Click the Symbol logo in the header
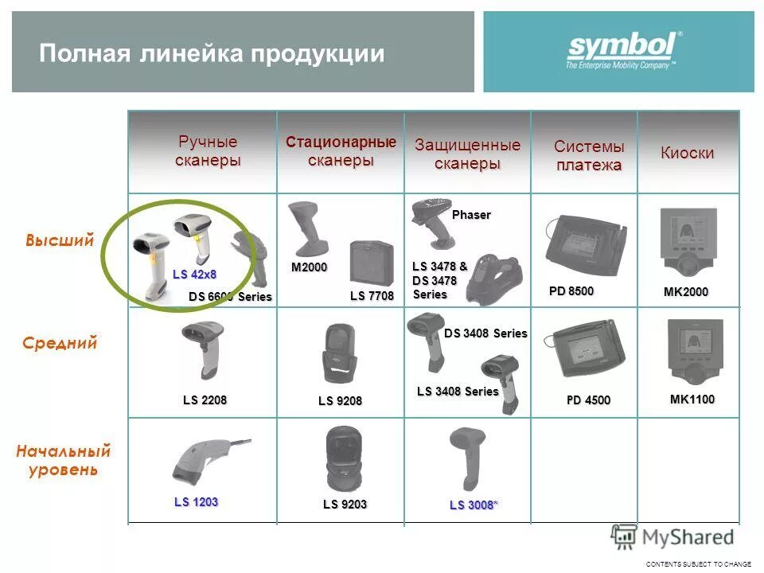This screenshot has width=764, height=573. click(x=624, y=50)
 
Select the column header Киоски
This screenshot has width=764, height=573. click(x=687, y=154)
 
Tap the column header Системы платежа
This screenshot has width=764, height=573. click(x=589, y=156)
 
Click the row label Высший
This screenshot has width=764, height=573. click(x=60, y=240)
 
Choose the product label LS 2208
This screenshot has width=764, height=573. click(x=205, y=400)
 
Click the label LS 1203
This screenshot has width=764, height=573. click(x=196, y=502)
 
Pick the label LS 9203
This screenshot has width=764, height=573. click(x=345, y=504)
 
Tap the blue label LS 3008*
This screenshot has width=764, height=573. click(x=474, y=505)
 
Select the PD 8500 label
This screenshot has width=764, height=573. click(x=571, y=291)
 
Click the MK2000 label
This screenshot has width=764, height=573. click(x=685, y=293)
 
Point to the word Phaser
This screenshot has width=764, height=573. click(x=471, y=215)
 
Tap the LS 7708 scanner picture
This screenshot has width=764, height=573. click(x=371, y=263)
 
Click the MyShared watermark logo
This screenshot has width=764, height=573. click(x=672, y=537)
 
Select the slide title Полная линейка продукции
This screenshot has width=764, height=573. click(x=212, y=54)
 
